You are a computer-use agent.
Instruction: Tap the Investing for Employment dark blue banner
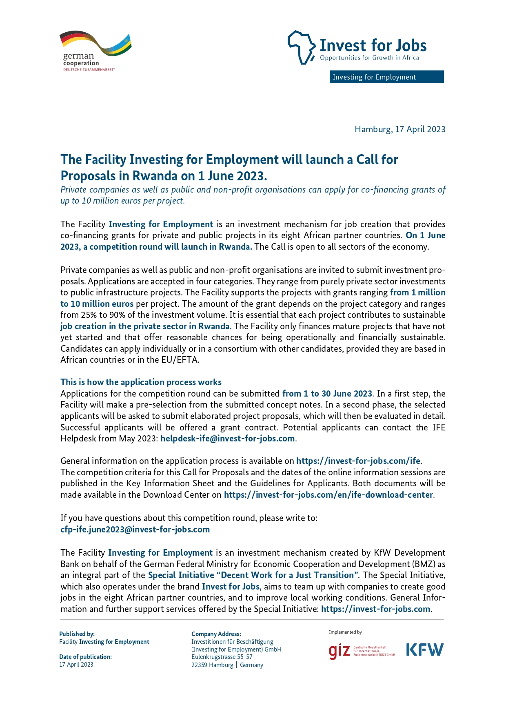pos(386,77)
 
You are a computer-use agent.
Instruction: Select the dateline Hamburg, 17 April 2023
pos(400,129)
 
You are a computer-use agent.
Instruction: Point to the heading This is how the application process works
pos(141,382)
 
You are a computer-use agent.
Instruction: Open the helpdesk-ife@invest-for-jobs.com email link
pos(227,439)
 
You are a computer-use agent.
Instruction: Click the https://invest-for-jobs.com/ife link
pos(358,461)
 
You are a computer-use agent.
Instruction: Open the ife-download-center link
pos(328,495)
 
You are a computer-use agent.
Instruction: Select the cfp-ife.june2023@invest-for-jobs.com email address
pos(135,530)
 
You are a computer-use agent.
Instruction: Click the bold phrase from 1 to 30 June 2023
pos(327,394)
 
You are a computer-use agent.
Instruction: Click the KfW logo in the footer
pos(424,650)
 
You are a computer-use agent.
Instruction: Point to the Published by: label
pos(77,634)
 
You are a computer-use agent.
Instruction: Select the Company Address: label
pos(216,634)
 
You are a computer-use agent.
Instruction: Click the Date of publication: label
pos(85,657)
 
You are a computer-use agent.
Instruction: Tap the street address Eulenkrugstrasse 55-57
pos(222,657)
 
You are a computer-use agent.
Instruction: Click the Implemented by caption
pos(345,632)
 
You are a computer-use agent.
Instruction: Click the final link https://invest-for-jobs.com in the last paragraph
pos(375,609)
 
